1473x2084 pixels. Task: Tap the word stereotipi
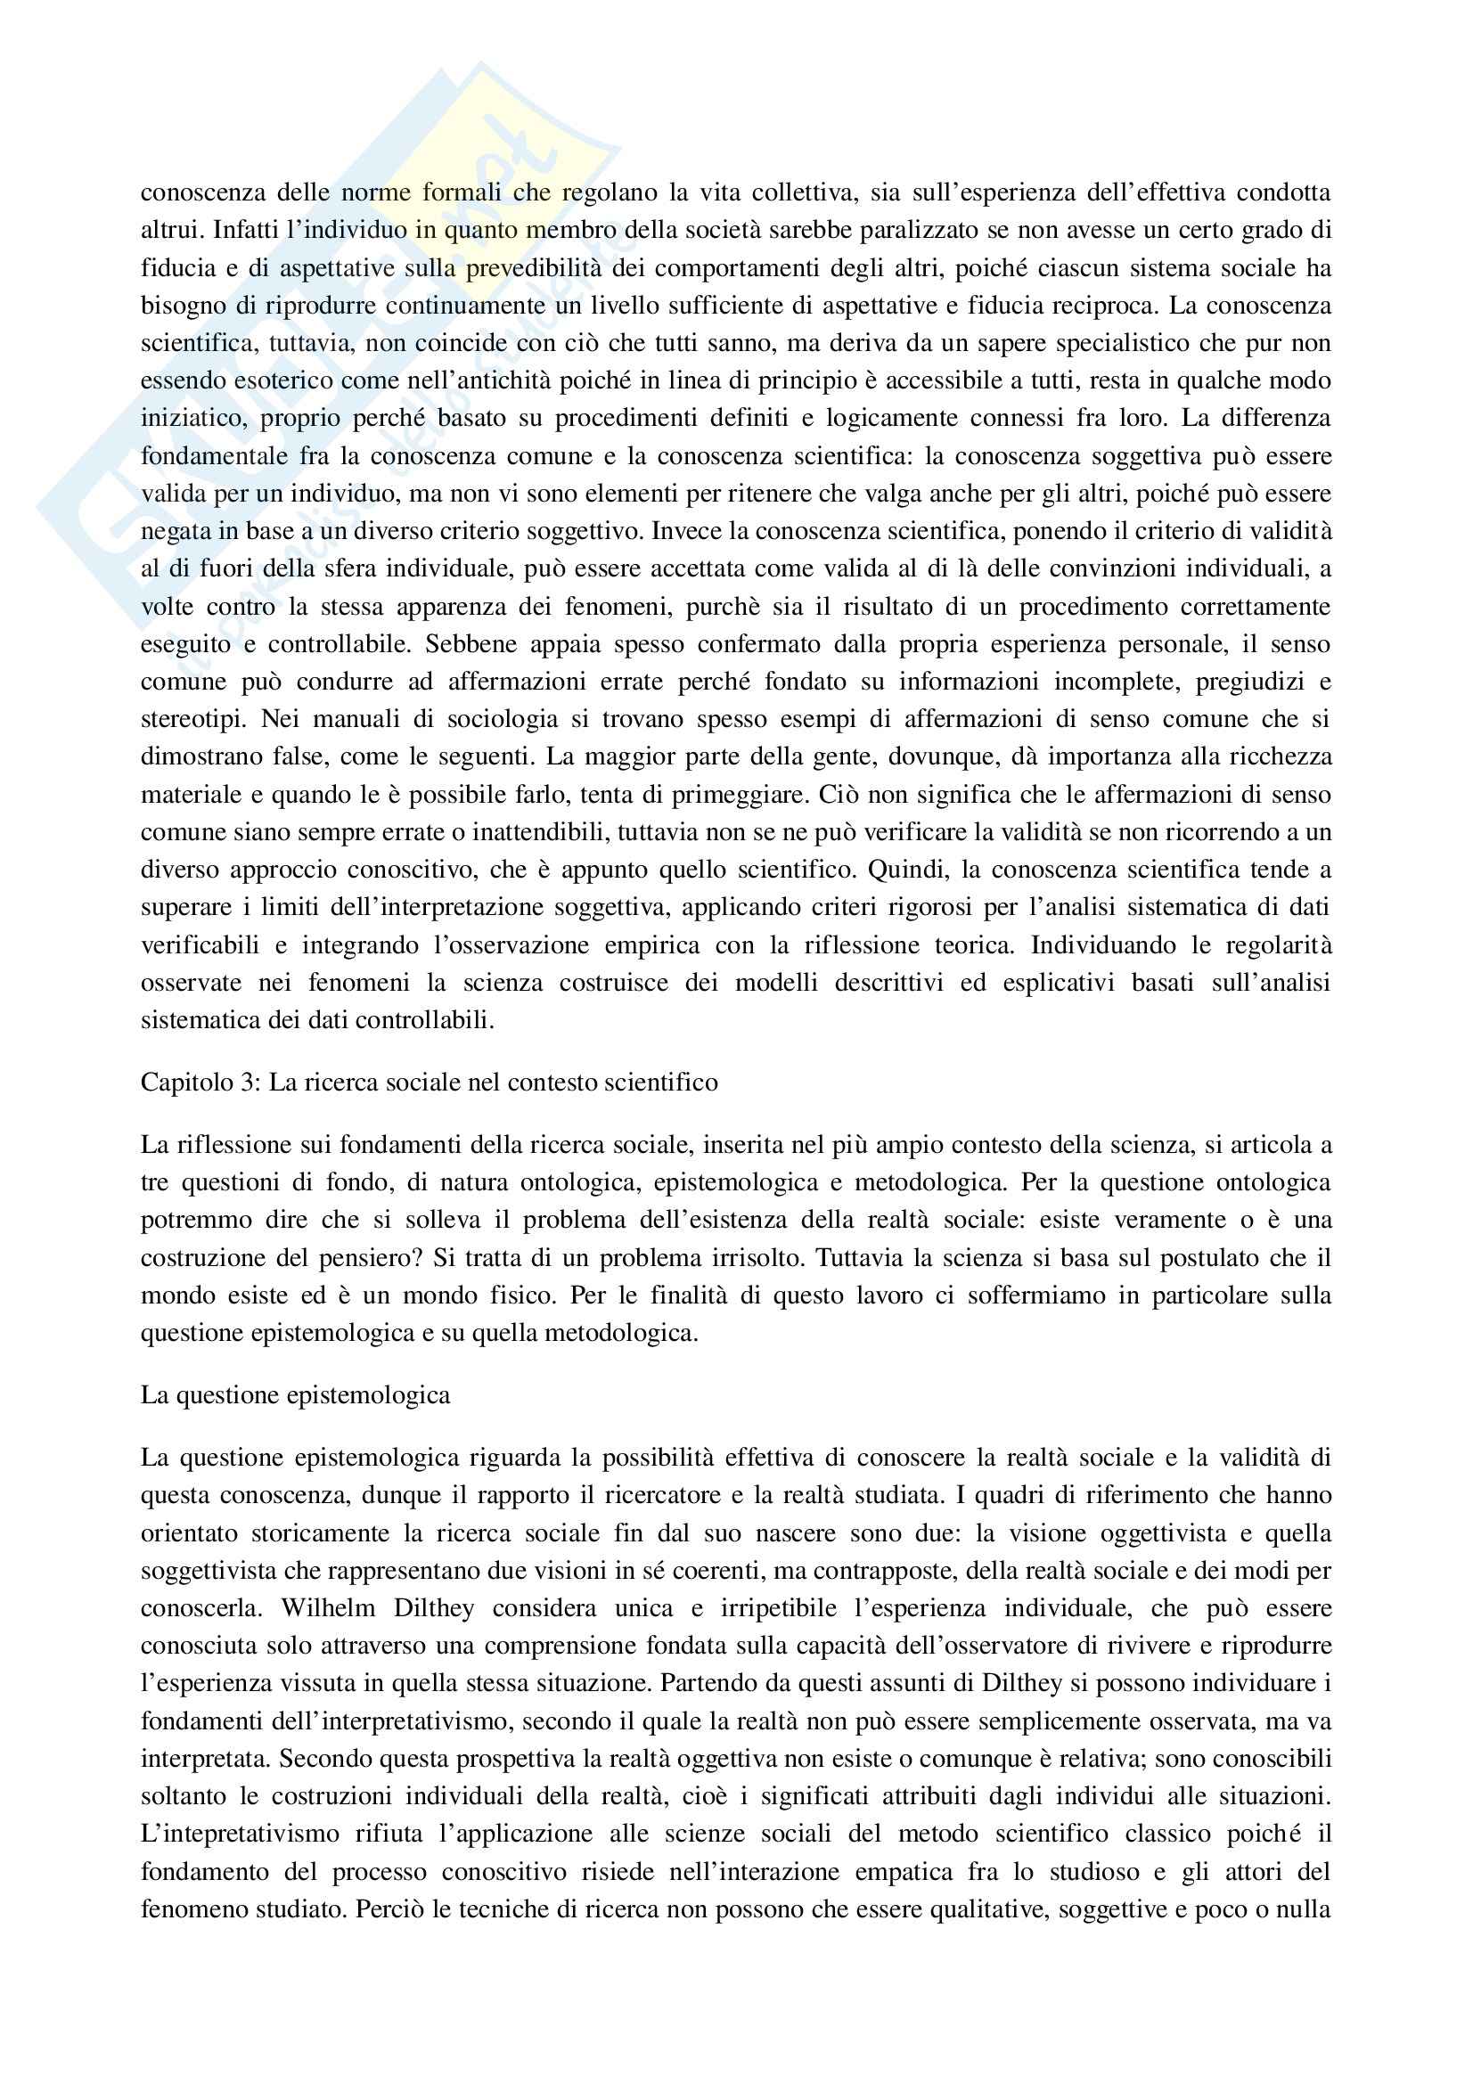192,719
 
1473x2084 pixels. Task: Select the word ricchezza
1281,756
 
